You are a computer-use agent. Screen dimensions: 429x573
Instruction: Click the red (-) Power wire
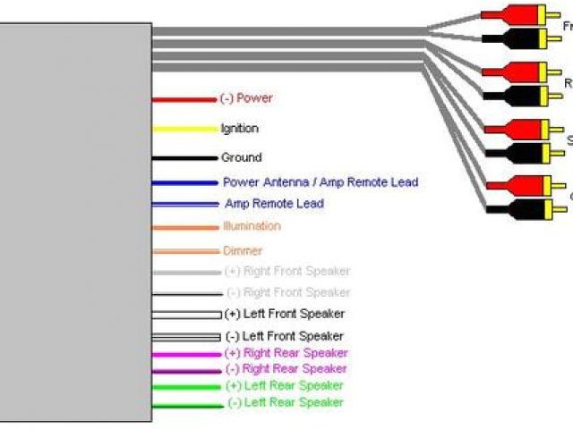point(184,98)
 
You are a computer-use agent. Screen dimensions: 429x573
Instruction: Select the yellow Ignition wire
point(184,129)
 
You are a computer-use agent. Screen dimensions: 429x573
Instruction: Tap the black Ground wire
point(184,158)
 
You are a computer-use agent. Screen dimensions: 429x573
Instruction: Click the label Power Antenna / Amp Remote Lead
point(321,182)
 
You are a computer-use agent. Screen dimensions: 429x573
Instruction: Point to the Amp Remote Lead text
point(274,204)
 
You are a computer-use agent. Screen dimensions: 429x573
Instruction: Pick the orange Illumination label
point(252,227)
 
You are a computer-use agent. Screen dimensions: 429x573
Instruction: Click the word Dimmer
point(243,251)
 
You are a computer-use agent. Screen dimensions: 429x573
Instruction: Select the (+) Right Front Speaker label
point(287,271)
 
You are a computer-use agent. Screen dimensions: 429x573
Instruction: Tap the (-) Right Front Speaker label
point(287,292)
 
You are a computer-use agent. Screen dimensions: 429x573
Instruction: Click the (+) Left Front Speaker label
point(285,314)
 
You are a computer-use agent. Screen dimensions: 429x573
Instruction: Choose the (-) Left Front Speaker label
point(284,336)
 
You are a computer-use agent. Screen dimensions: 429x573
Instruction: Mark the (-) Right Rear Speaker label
point(286,369)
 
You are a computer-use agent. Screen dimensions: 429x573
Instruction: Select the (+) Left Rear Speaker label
point(284,386)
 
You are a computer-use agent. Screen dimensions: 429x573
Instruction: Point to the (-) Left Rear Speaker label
point(285,403)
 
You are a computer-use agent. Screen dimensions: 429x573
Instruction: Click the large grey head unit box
point(75,223)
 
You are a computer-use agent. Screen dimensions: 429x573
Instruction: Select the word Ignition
point(239,129)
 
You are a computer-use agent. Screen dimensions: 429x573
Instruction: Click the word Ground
point(242,157)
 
